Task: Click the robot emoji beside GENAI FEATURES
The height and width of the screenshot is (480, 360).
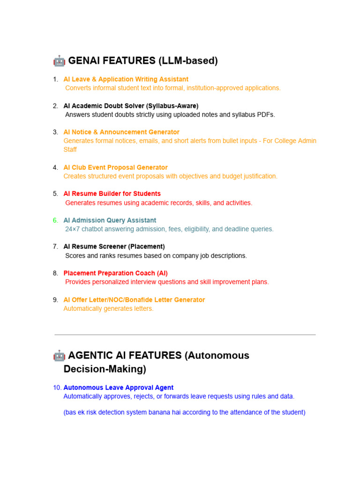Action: pyautogui.click(x=59, y=60)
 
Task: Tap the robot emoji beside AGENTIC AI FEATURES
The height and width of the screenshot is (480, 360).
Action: pyautogui.click(x=59, y=355)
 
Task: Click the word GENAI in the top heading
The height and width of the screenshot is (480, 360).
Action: pyautogui.click(x=85, y=60)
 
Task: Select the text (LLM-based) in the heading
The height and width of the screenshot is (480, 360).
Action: pyautogui.click(x=188, y=60)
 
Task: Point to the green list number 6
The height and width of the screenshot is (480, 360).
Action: pyautogui.click(x=55, y=220)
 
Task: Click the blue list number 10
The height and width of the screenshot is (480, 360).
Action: pyautogui.click(x=57, y=388)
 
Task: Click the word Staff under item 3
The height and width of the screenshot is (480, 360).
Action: pyautogui.click(x=70, y=150)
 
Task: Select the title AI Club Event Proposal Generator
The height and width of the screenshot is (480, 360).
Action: pyautogui.click(x=115, y=167)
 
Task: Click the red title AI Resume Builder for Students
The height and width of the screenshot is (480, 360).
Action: pyautogui.click(x=112, y=194)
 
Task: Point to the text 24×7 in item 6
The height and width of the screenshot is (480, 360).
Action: pyautogui.click(x=73, y=229)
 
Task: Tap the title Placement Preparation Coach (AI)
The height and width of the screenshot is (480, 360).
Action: pyautogui.click(x=115, y=273)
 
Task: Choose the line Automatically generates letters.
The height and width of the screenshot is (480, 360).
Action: pyautogui.click(x=108, y=308)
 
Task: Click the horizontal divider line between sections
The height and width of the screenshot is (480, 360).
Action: pyautogui.click(x=185, y=335)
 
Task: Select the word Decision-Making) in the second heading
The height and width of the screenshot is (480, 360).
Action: pyautogui.click(x=105, y=369)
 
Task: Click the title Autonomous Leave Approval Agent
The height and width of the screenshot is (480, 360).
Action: pyautogui.click(x=118, y=388)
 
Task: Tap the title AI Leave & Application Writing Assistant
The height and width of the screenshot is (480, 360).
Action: pyautogui.click(x=126, y=79)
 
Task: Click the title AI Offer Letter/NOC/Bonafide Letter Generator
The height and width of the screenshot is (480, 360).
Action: pyautogui.click(x=134, y=300)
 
